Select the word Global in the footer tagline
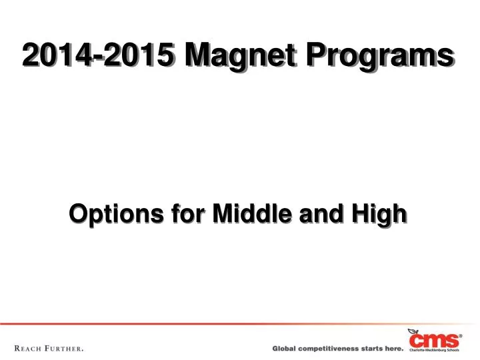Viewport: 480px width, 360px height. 285,348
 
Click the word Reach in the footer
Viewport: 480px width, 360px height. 31,348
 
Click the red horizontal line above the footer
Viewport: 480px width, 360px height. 200,324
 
